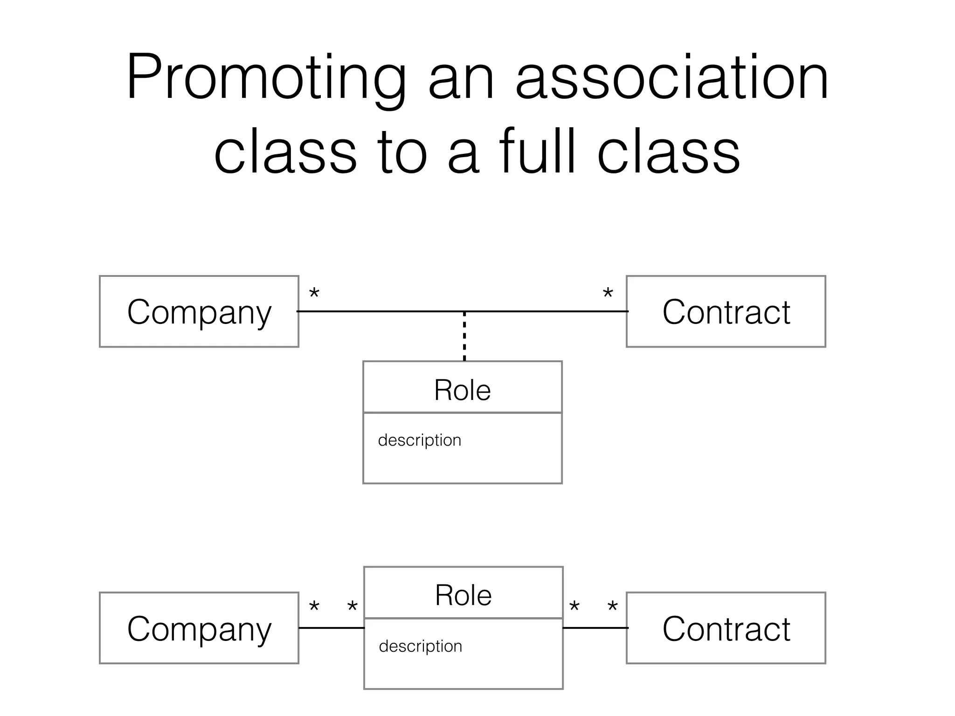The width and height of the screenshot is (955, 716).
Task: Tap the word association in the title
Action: [671, 77]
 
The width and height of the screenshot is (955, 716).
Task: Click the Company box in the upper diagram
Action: [199, 311]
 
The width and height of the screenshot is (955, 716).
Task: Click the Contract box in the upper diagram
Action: [726, 311]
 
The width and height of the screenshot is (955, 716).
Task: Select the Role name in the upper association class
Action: [462, 390]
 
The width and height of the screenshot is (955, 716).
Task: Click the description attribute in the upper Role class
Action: [419, 440]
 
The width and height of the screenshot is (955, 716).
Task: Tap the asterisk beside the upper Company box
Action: [314, 294]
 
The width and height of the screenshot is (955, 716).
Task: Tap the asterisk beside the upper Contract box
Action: [608, 294]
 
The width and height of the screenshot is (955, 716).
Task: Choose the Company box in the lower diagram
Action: [199, 628]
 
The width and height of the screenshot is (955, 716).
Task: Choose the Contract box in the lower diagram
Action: [726, 628]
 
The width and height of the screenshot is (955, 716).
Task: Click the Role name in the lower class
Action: [463, 595]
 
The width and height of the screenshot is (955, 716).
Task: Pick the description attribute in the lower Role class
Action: [420, 646]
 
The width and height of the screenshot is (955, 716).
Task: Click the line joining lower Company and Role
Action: [331, 628]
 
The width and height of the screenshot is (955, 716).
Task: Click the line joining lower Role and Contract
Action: [595, 628]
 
